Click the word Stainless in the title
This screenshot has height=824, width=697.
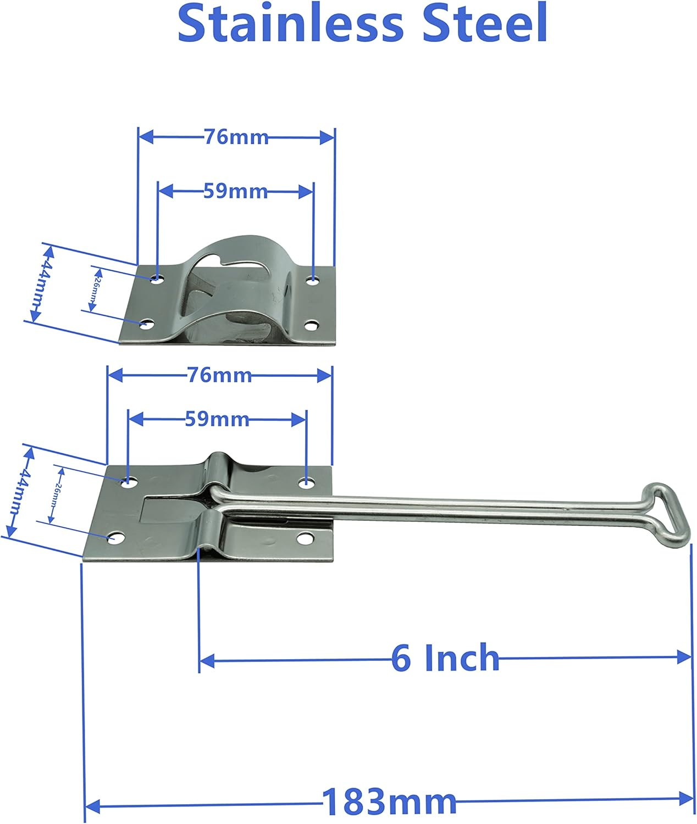pyautogui.click(x=290, y=24)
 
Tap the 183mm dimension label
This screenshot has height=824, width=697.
pyautogui.click(x=389, y=801)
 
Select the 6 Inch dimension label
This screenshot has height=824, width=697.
pyautogui.click(x=445, y=658)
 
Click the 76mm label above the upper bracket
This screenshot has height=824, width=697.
pyautogui.click(x=236, y=137)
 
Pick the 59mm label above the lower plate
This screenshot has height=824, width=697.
pyautogui.click(x=217, y=419)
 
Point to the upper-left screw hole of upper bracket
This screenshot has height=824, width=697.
pyautogui.click(x=158, y=279)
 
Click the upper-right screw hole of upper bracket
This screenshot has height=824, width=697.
pyautogui.click(x=313, y=280)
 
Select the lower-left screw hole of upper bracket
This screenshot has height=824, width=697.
pyautogui.click(x=146, y=325)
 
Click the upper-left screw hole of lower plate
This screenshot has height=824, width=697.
pyautogui.click(x=129, y=482)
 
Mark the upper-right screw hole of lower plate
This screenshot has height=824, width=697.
pyautogui.click(x=305, y=483)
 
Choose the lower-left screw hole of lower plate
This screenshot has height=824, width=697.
pyautogui.click(x=115, y=538)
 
